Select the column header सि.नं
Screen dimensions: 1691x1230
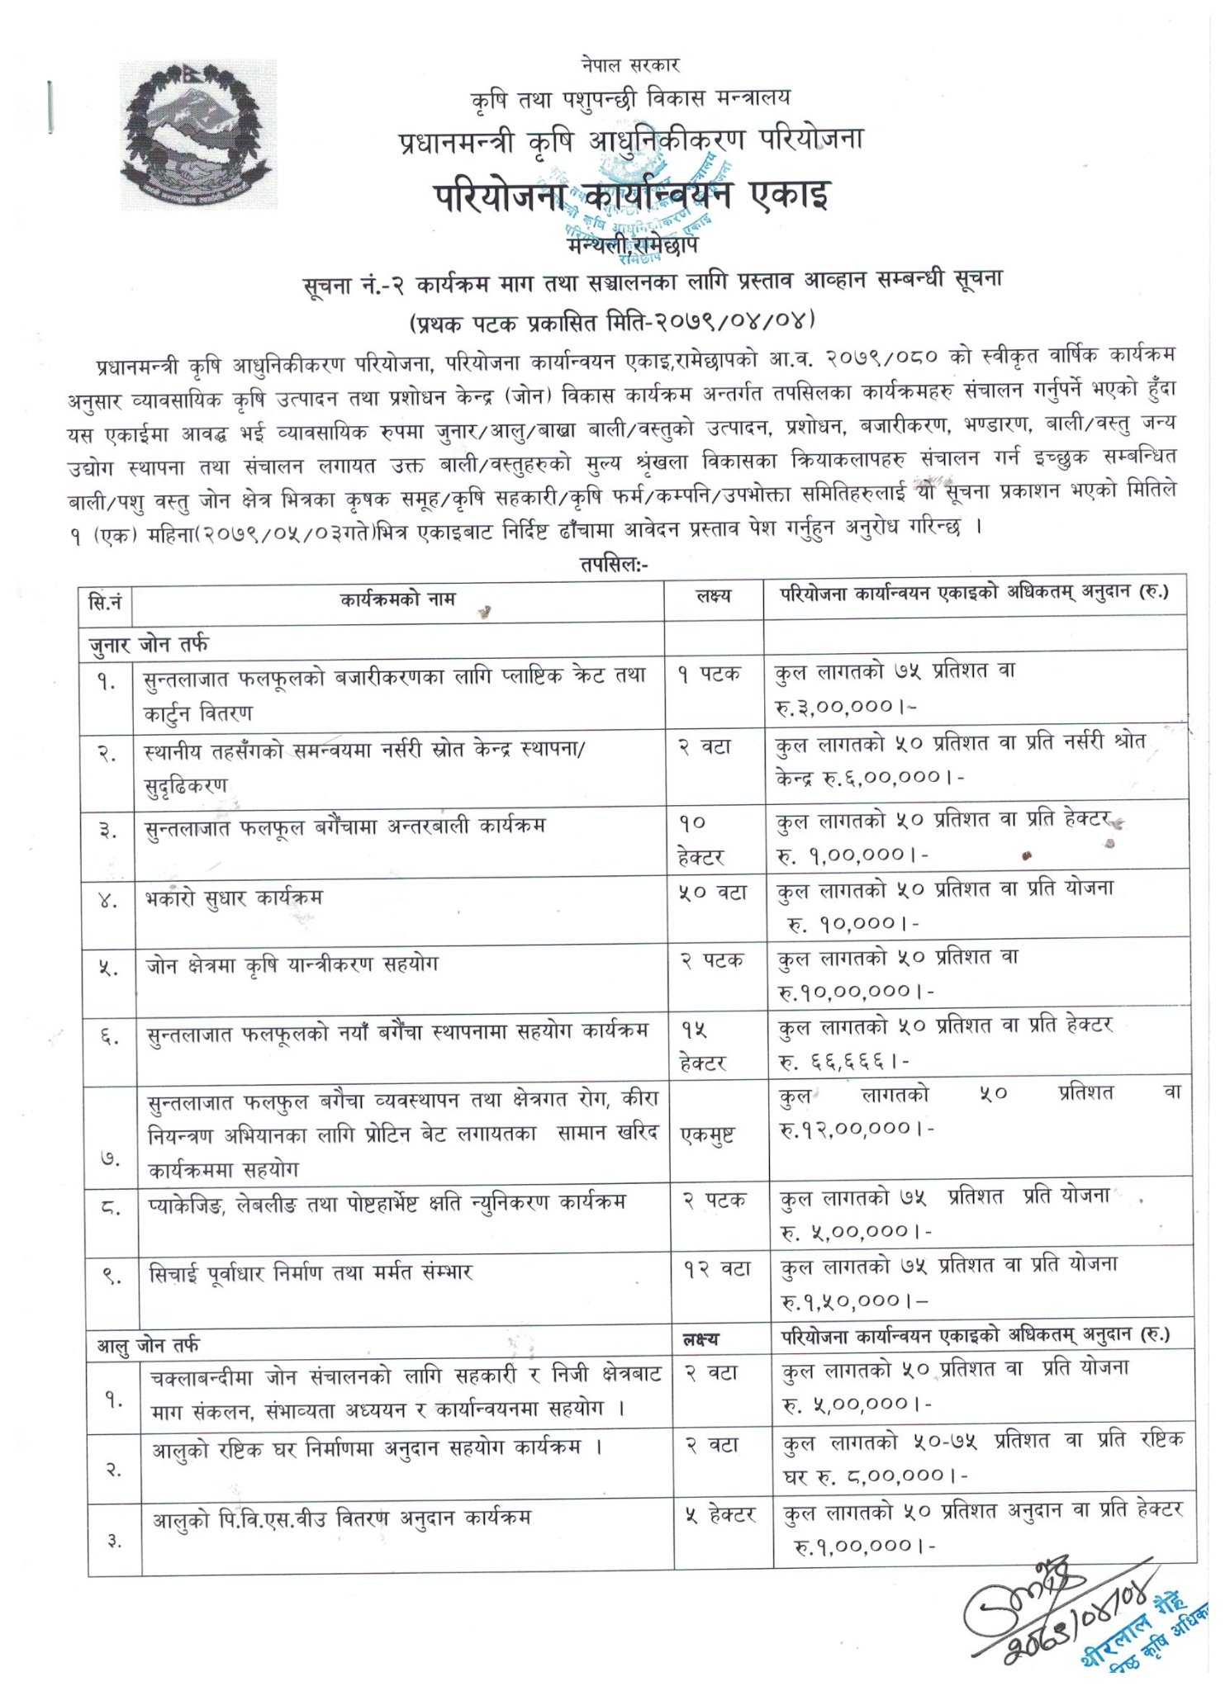tap(105, 600)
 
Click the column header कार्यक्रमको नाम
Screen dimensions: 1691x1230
tap(397, 599)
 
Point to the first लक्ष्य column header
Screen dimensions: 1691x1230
tap(713, 596)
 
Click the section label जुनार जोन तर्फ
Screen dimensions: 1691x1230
tap(149, 642)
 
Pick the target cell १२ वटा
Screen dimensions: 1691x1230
tap(715, 1270)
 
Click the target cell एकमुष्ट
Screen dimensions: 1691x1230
tap(707, 1135)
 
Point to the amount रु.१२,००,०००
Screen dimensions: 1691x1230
tap(856, 1129)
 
